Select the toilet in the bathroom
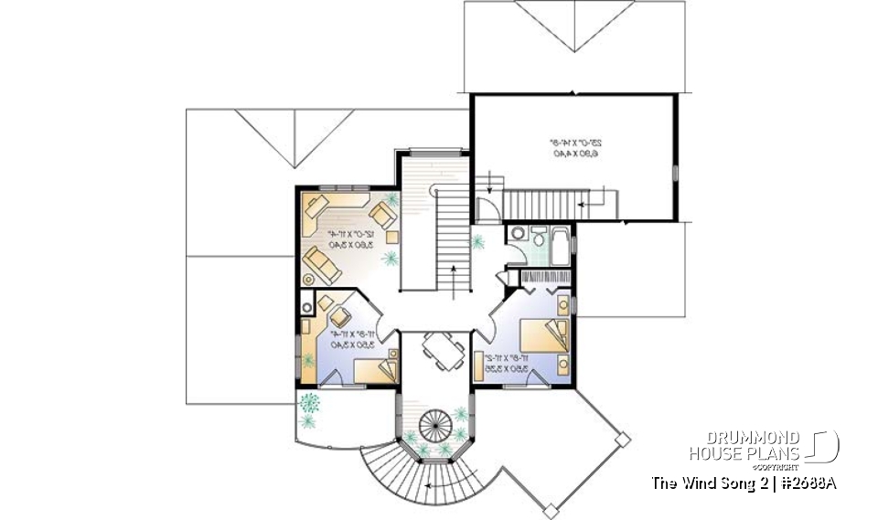coord(538,238)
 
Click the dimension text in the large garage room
coord(574,148)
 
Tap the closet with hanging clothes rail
coord(543,276)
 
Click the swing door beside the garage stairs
coord(488,210)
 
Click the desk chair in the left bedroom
coord(339,315)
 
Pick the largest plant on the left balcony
coord(309,403)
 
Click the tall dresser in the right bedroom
coord(564,302)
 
